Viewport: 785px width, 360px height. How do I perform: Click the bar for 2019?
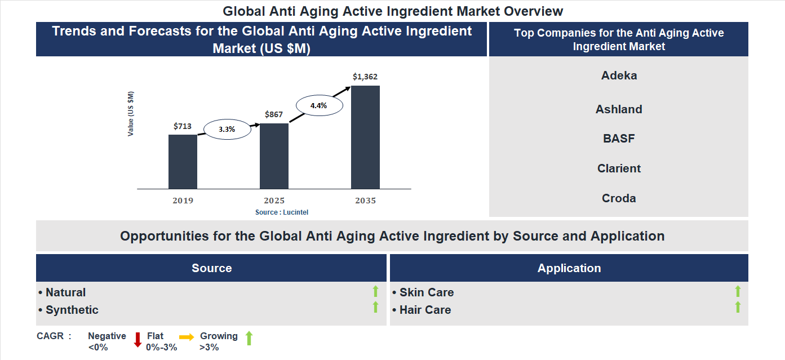coord(183,161)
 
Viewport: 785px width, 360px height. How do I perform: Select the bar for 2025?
coord(274,155)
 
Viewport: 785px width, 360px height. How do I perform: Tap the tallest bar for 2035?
coord(365,137)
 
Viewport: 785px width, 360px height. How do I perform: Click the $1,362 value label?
coord(365,77)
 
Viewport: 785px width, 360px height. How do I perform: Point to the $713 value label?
coord(183,126)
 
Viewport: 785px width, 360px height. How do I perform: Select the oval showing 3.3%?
coord(227,129)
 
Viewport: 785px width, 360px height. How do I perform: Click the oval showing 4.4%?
coord(318,105)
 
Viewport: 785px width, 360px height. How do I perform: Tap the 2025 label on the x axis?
coord(274,201)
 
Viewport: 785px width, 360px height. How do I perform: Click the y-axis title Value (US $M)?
coord(131,113)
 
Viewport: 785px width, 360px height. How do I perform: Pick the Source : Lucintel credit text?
coord(282,212)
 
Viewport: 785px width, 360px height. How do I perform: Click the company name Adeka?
coord(619,75)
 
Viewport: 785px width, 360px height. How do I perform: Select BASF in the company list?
coord(619,139)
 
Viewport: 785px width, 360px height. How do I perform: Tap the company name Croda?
coord(619,198)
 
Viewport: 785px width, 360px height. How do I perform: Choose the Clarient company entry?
coord(619,168)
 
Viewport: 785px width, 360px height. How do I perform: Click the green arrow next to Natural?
coord(375,291)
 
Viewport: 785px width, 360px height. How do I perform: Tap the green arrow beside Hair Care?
coord(738,308)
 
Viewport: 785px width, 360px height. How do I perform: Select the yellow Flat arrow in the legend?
coord(187,336)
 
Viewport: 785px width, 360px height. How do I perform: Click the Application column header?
coord(569,268)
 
